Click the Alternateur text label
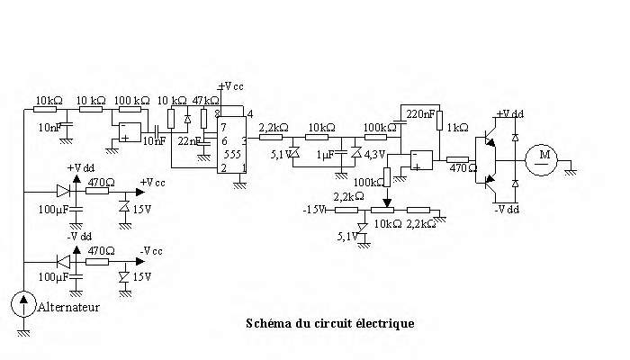67,307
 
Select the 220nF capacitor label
422,114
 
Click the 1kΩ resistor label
457,127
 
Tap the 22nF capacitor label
189,142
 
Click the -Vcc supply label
151,249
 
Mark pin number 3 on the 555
244,141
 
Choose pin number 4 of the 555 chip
249,112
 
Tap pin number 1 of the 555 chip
243,168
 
